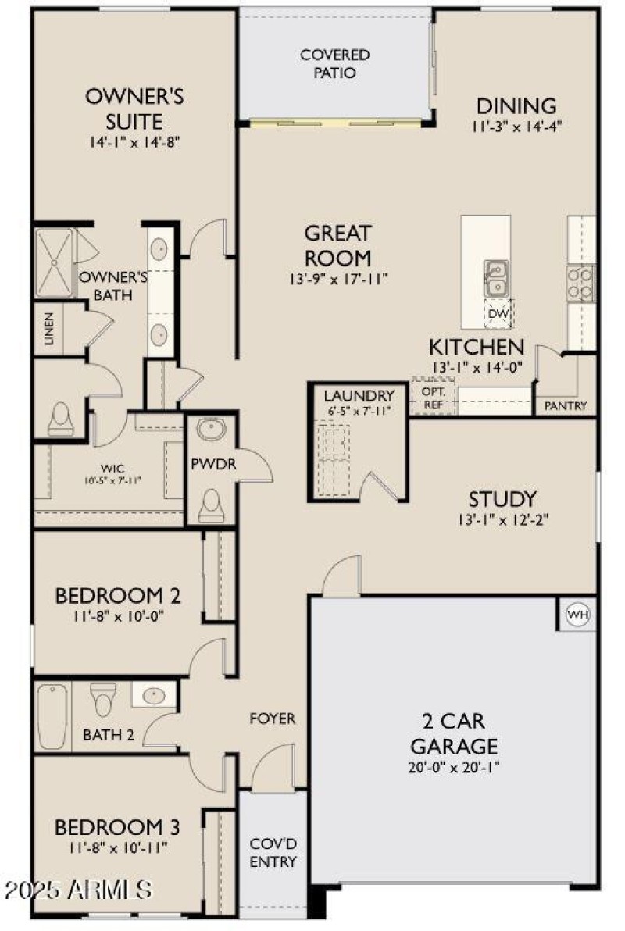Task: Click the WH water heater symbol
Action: [578, 615]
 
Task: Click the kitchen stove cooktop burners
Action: [580, 283]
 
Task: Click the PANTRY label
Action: [566, 406]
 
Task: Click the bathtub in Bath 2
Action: [52, 716]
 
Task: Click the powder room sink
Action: [209, 430]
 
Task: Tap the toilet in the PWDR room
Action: [209, 505]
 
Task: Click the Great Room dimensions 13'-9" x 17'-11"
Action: [337, 279]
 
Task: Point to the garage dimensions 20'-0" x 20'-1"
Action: [455, 766]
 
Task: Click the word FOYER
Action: [272, 718]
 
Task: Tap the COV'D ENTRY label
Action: [273, 853]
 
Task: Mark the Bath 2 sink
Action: [152, 694]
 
